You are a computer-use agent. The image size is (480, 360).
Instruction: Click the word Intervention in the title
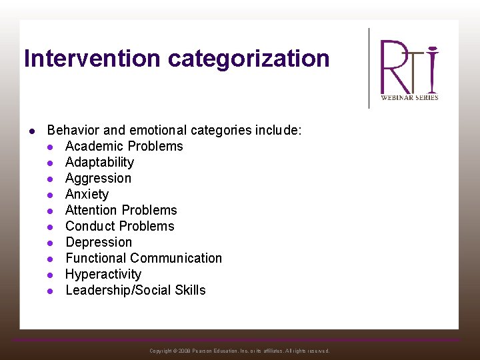point(93,59)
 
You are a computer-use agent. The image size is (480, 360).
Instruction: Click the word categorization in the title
point(249,59)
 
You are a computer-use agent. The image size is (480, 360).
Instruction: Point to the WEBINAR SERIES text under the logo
point(409,97)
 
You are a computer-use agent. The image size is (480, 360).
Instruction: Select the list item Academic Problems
point(124,146)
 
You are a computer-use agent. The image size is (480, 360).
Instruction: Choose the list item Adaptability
point(99,162)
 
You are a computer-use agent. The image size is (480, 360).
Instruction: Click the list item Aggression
point(98,178)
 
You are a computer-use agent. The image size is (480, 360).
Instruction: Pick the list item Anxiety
point(87,194)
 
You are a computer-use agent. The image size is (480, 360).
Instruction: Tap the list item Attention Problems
point(121,210)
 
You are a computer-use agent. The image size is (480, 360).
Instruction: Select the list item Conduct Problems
point(119,226)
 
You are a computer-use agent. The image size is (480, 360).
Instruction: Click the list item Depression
point(99,242)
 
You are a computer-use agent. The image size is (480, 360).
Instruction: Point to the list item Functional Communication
point(143,258)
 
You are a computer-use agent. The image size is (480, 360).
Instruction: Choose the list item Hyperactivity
point(103,274)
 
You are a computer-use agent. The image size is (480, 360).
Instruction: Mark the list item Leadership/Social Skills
point(135,290)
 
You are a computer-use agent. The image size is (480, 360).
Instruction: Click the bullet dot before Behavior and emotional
point(31,131)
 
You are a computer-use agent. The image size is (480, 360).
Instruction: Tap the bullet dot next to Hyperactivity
point(50,275)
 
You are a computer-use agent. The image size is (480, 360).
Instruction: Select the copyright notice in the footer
point(239,351)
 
